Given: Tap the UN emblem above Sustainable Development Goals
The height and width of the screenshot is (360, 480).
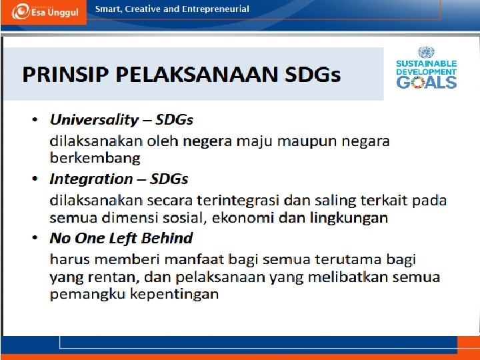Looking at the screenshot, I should pos(426,52).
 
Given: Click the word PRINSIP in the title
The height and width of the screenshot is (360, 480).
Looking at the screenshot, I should pos(60,74).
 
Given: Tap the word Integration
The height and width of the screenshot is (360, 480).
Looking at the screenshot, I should pos(91,179).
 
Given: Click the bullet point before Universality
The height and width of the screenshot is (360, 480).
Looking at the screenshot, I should pos(35,121).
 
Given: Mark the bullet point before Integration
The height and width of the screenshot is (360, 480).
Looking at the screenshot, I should pos(35,179).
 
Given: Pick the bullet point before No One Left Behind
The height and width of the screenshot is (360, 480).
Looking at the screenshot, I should pos(35,239).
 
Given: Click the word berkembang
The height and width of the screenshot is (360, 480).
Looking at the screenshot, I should pos(95,159).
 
